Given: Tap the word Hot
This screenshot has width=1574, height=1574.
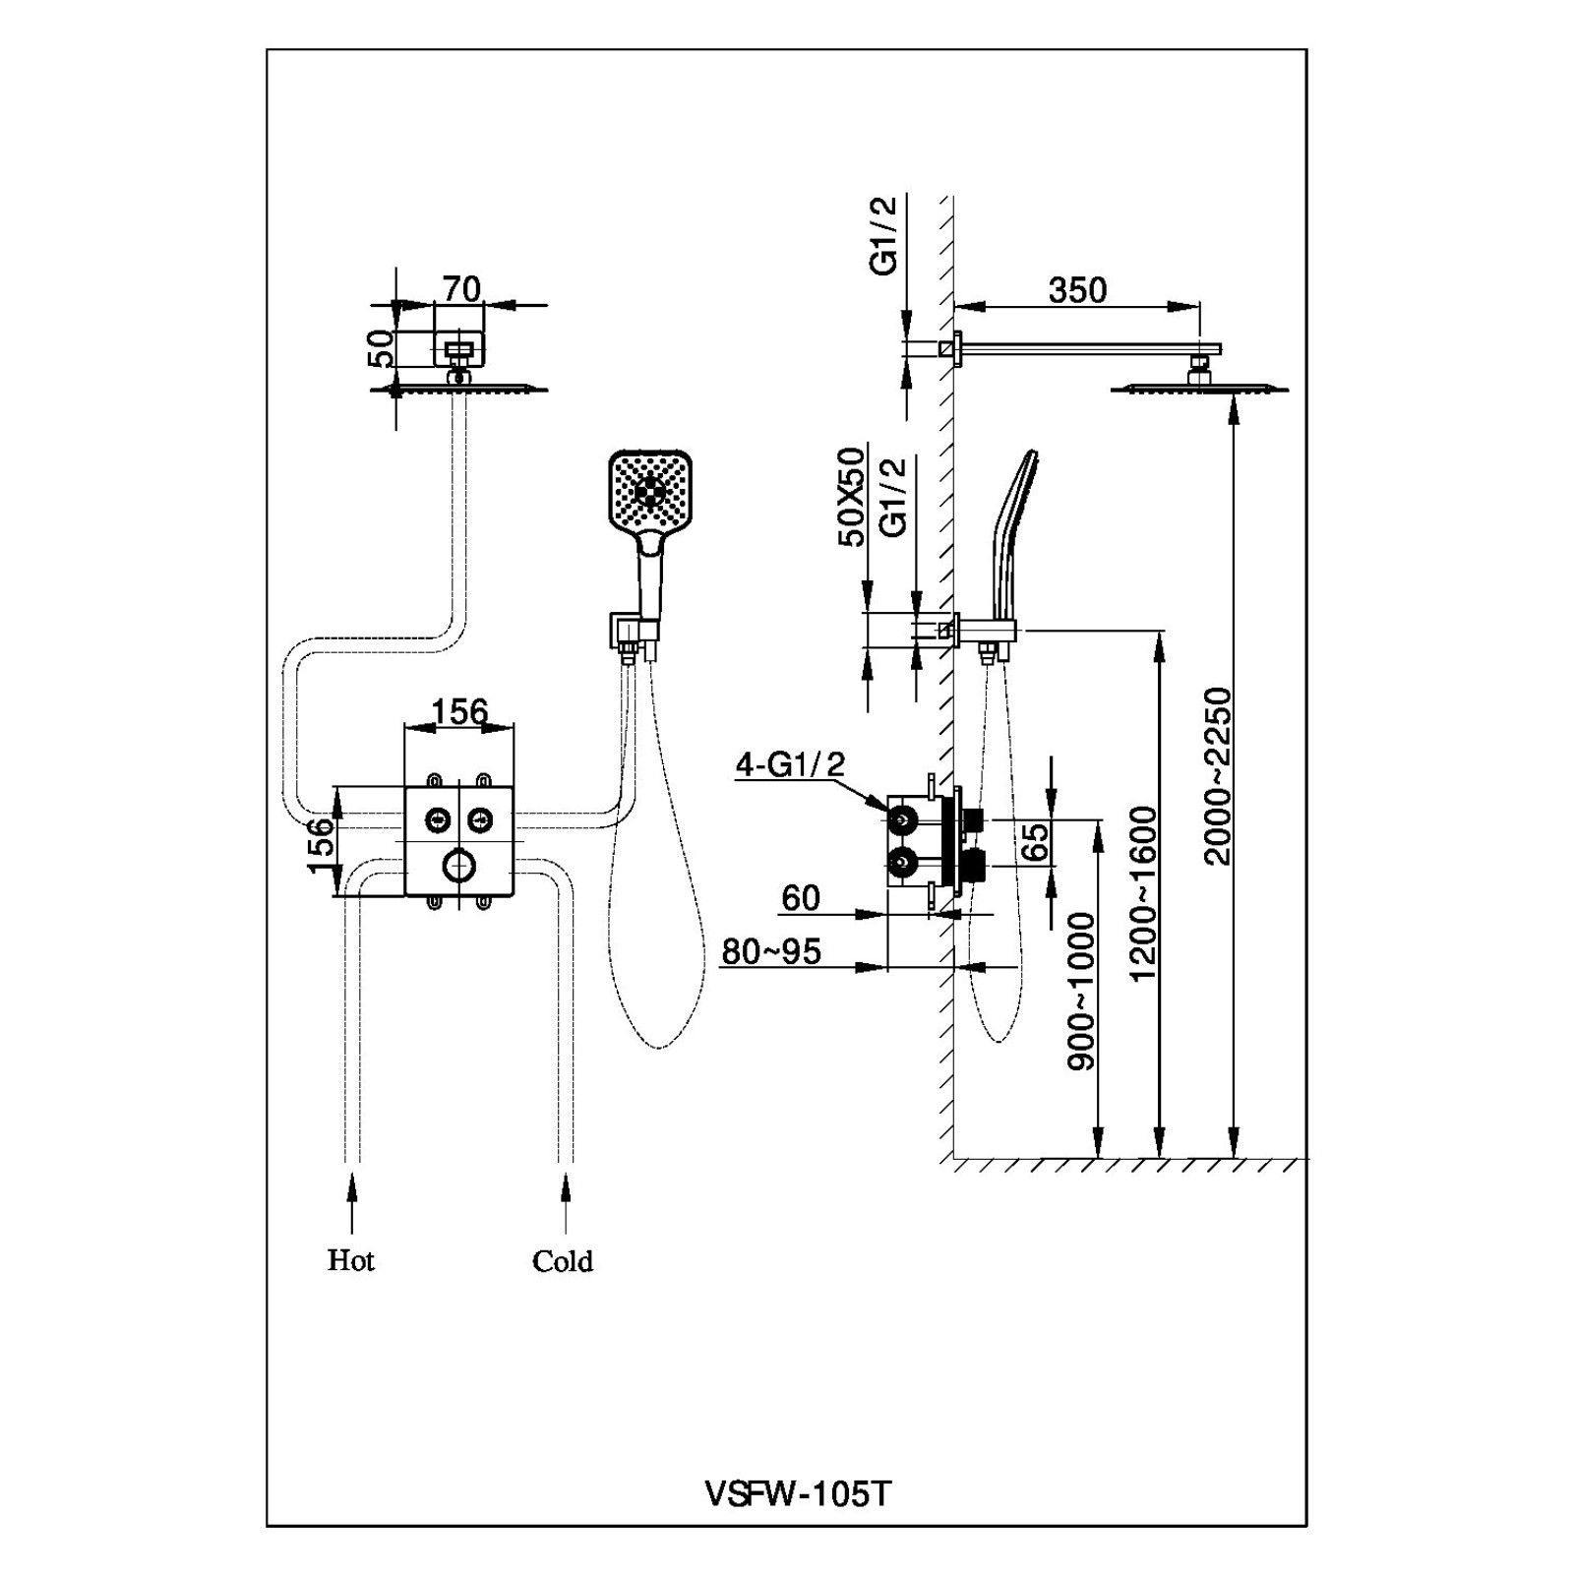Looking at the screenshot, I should tap(350, 1260).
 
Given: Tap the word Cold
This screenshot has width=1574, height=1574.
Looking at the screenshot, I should tap(562, 1261).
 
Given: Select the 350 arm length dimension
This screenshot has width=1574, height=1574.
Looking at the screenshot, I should tap(1077, 290).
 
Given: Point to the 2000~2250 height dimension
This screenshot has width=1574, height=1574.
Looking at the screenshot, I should tap(1218, 776).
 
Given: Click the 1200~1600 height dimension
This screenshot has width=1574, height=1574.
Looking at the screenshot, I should tap(1144, 893).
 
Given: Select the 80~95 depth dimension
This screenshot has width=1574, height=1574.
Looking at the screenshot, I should tap(771, 951).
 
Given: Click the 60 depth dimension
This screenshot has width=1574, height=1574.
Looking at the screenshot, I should tap(801, 897).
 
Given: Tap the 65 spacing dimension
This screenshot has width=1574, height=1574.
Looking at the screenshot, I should tap(1036, 842).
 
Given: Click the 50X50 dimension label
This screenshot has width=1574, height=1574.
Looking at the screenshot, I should tap(851, 496).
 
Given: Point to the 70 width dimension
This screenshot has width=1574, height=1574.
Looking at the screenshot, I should tap(461, 288).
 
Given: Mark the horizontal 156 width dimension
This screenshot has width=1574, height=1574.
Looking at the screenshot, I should tap(459, 710).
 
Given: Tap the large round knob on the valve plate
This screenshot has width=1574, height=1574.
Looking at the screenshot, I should tap(459, 867).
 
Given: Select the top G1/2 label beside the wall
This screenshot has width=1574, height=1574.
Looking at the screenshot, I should tap(885, 234).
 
